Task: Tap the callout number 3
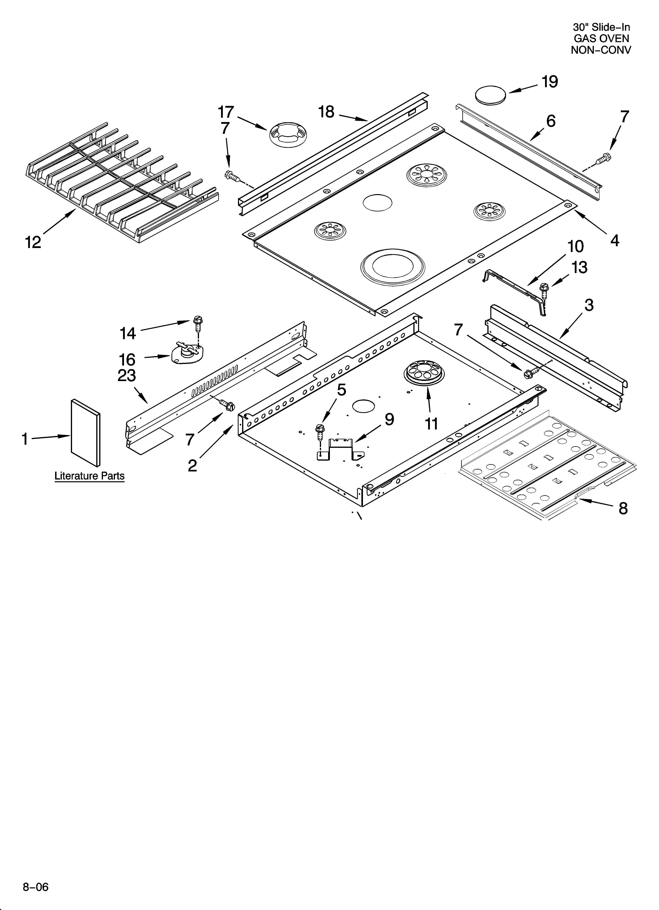point(589,305)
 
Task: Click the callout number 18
point(326,112)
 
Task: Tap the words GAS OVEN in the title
point(601,39)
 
